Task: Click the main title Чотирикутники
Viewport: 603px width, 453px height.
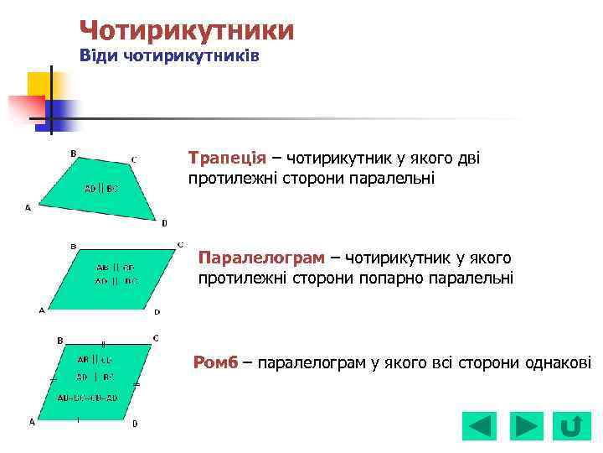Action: [x=186, y=31]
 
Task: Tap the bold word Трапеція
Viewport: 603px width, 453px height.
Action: [x=227, y=159]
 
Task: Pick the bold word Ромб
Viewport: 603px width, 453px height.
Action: [x=215, y=362]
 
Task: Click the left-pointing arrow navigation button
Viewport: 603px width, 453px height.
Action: [x=479, y=426]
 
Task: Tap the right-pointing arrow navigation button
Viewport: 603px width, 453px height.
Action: [x=526, y=426]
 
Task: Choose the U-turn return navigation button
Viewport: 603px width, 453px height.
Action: [x=570, y=426]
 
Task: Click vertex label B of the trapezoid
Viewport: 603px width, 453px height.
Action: [x=73, y=154]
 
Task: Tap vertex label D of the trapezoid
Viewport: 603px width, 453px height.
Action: [x=164, y=223]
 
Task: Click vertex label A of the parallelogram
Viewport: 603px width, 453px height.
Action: [x=42, y=310]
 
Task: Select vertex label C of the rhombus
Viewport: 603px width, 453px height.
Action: [x=156, y=337]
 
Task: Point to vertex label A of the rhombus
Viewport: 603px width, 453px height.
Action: [x=32, y=422]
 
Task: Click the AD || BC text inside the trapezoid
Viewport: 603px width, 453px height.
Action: [x=100, y=189]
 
